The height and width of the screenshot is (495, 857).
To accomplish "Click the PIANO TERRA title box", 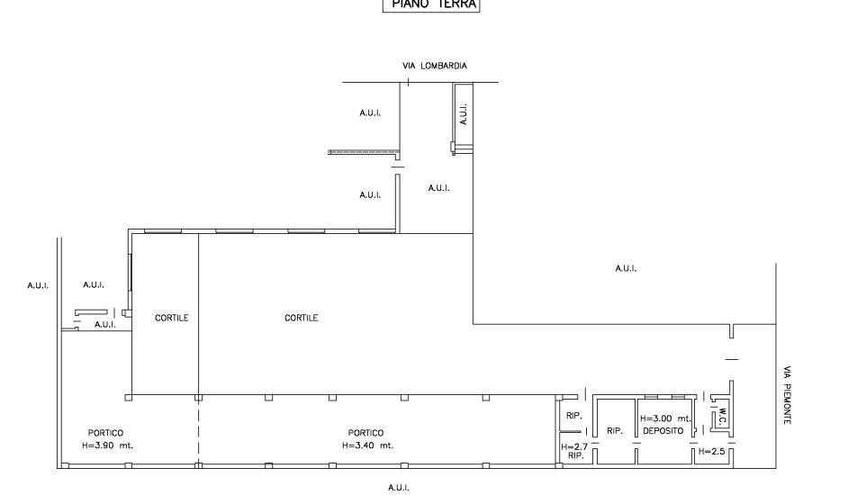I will [432, 4].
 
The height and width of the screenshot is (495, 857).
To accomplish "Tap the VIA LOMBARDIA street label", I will [435, 66].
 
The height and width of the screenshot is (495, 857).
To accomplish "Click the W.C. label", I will [722, 418].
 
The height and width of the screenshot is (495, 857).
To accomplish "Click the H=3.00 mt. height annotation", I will [665, 418].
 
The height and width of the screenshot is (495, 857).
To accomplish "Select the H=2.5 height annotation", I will [711, 450].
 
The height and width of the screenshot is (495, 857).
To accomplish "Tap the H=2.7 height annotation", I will [573, 446].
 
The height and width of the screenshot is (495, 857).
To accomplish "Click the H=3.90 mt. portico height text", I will [106, 445].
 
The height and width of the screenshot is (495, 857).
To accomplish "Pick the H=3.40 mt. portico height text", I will [367, 445].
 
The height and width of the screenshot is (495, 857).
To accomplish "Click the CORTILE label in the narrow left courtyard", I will [171, 318].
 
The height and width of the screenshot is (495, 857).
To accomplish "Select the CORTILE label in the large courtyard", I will [301, 318].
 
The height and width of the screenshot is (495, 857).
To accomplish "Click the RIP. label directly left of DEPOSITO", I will [615, 432].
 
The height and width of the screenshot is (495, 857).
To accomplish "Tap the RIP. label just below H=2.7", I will [573, 456].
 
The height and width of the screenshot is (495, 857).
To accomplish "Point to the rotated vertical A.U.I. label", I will [464, 113].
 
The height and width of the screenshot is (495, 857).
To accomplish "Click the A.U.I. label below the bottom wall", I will [399, 488].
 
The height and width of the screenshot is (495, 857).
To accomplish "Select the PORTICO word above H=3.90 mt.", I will [105, 433].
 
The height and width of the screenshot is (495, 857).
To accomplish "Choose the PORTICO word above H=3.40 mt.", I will [366, 433].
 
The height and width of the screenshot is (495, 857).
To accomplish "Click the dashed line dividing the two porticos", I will [198, 432].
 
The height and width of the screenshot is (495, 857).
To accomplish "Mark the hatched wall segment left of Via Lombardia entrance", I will [365, 151].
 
